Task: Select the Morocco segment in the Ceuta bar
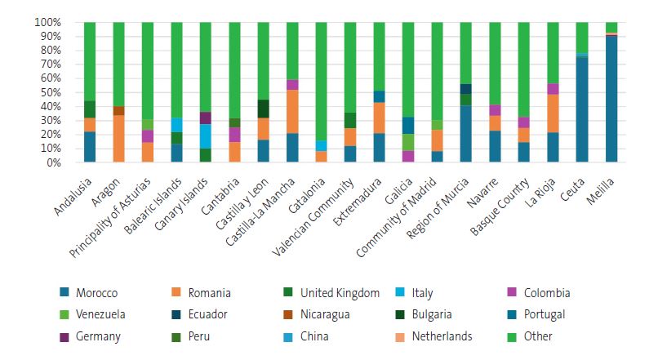[x=581, y=109]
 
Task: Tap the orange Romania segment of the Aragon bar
[x=118, y=139]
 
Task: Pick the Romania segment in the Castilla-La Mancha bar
[x=292, y=111]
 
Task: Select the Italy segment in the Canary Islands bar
[x=206, y=136]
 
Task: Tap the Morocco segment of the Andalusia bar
[x=90, y=147]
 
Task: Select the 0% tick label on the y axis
[x=53, y=162]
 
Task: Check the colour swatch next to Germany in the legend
[x=64, y=336]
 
